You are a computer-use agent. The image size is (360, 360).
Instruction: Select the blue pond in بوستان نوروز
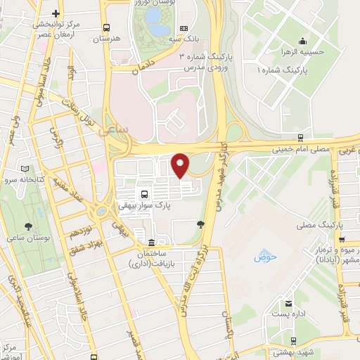pos(157,28)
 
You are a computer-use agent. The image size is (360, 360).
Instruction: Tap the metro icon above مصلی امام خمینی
pos(300,138)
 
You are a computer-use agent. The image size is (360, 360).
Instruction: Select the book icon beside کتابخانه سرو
pos(25,169)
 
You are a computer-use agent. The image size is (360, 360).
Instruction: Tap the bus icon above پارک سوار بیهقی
pos(144,194)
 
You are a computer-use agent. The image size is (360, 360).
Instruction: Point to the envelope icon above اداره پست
pos(288,304)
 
